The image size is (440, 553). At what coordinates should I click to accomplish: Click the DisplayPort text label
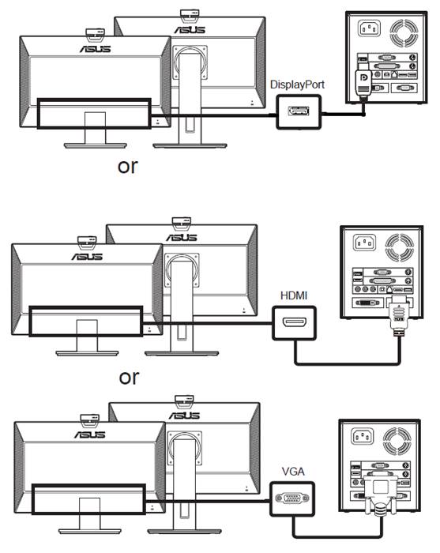pyautogui.click(x=297, y=85)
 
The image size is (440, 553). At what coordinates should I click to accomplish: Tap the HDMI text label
pyautogui.click(x=294, y=295)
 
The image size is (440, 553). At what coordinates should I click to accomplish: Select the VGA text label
pyautogui.click(x=293, y=471)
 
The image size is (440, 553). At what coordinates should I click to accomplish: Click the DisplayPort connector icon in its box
pyautogui.click(x=299, y=111)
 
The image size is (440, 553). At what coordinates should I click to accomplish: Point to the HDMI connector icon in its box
pyautogui.click(x=295, y=323)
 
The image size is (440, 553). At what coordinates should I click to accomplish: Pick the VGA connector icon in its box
pyautogui.click(x=292, y=498)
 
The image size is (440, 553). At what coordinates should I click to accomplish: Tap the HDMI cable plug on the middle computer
pyautogui.click(x=398, y=316)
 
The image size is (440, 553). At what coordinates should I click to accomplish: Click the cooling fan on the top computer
pyautogui.click(x=404, y=33)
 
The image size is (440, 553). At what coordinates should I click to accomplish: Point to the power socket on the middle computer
pyautogui.click(x=364, y=243)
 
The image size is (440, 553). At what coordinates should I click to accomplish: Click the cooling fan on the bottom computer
pyautogui.click(x=397, y=441)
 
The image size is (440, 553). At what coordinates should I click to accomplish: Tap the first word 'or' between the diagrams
pyautogui.click(x=128, y=167)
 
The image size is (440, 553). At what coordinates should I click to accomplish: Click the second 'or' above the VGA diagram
pyautogui.click(x=129, y=378)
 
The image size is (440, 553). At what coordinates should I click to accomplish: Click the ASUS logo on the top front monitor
pyautogui.click(x=96, y=49)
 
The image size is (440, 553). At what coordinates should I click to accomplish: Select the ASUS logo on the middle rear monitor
pyautogui.click(x=182, y=237)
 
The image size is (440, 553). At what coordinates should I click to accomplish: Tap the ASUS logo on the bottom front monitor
pyautogui.click(x=89, y=434)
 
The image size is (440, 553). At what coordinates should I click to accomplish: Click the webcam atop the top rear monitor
pyautogui.click(x=190, y=14)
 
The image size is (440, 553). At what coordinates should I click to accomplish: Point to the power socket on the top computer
pyautogui.click(x=369, y=28)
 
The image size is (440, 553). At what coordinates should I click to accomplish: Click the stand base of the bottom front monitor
pyautogui.click(x=89, y=531)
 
